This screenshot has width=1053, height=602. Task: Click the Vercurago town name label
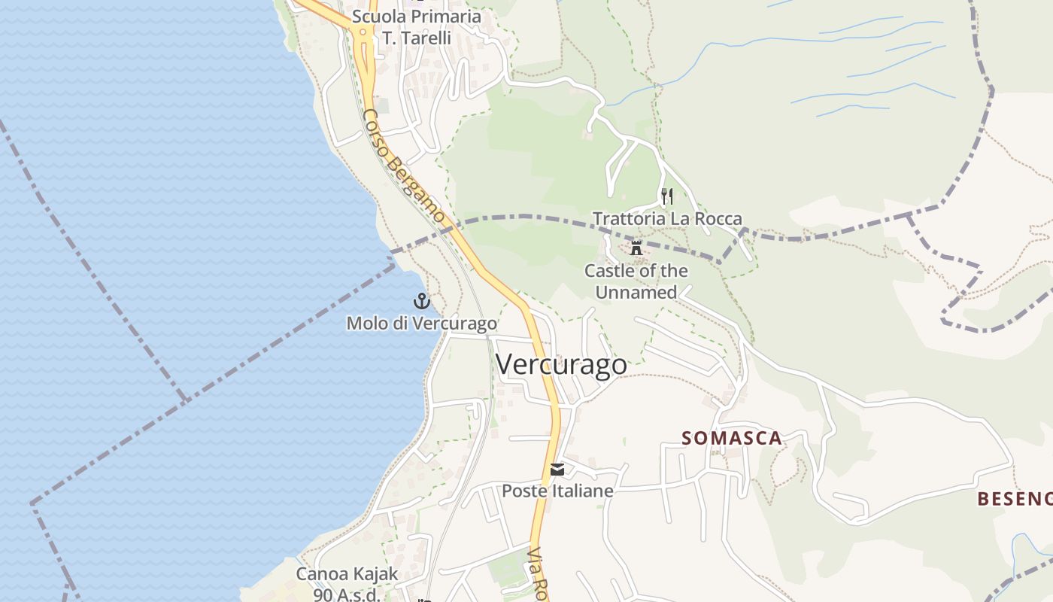point(561,364)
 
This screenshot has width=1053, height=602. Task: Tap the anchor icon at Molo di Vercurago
point(422,302)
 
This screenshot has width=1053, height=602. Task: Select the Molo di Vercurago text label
point(421,324)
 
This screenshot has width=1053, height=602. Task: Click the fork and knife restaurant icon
point(666,197)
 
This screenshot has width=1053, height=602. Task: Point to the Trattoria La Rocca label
point(667,219)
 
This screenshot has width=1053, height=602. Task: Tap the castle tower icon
point(636,248)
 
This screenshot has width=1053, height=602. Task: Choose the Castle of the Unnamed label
point(636,281)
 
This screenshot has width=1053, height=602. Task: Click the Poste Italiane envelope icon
point(557,470)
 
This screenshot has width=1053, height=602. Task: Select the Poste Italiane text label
point(557,491)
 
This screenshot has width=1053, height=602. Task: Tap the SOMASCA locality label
point(732,438)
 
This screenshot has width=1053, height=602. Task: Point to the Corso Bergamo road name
point(404,166)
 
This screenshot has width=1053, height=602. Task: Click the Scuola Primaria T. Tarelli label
point(416,26)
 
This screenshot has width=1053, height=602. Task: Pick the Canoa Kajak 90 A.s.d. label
point(347,584)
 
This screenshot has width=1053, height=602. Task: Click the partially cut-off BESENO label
point(1014,498)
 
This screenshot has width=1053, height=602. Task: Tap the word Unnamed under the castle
point(636,293)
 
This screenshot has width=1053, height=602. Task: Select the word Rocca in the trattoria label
point(717,219)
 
